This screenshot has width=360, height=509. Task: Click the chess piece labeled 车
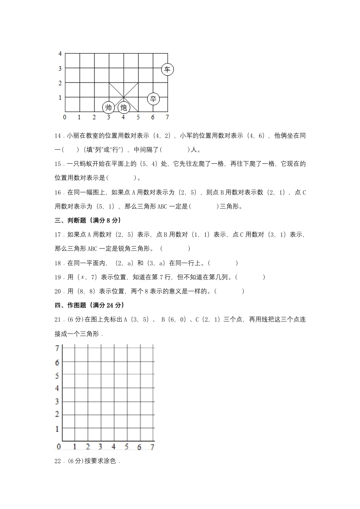(168, 69)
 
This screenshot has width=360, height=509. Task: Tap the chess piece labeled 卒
(153, 98)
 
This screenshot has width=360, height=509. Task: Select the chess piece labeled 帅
(108, 108)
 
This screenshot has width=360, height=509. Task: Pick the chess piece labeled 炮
(123, 108)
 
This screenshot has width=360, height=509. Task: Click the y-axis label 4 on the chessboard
(60, 54)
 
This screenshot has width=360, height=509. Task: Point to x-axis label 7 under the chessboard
(167, 117)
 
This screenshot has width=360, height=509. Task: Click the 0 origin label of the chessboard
(64, 117)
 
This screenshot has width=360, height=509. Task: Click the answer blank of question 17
(175, 249)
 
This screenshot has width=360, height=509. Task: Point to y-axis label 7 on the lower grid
(57, 348)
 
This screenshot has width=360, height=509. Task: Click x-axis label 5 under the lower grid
(127, 447)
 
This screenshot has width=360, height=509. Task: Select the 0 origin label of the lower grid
(59, 447)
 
